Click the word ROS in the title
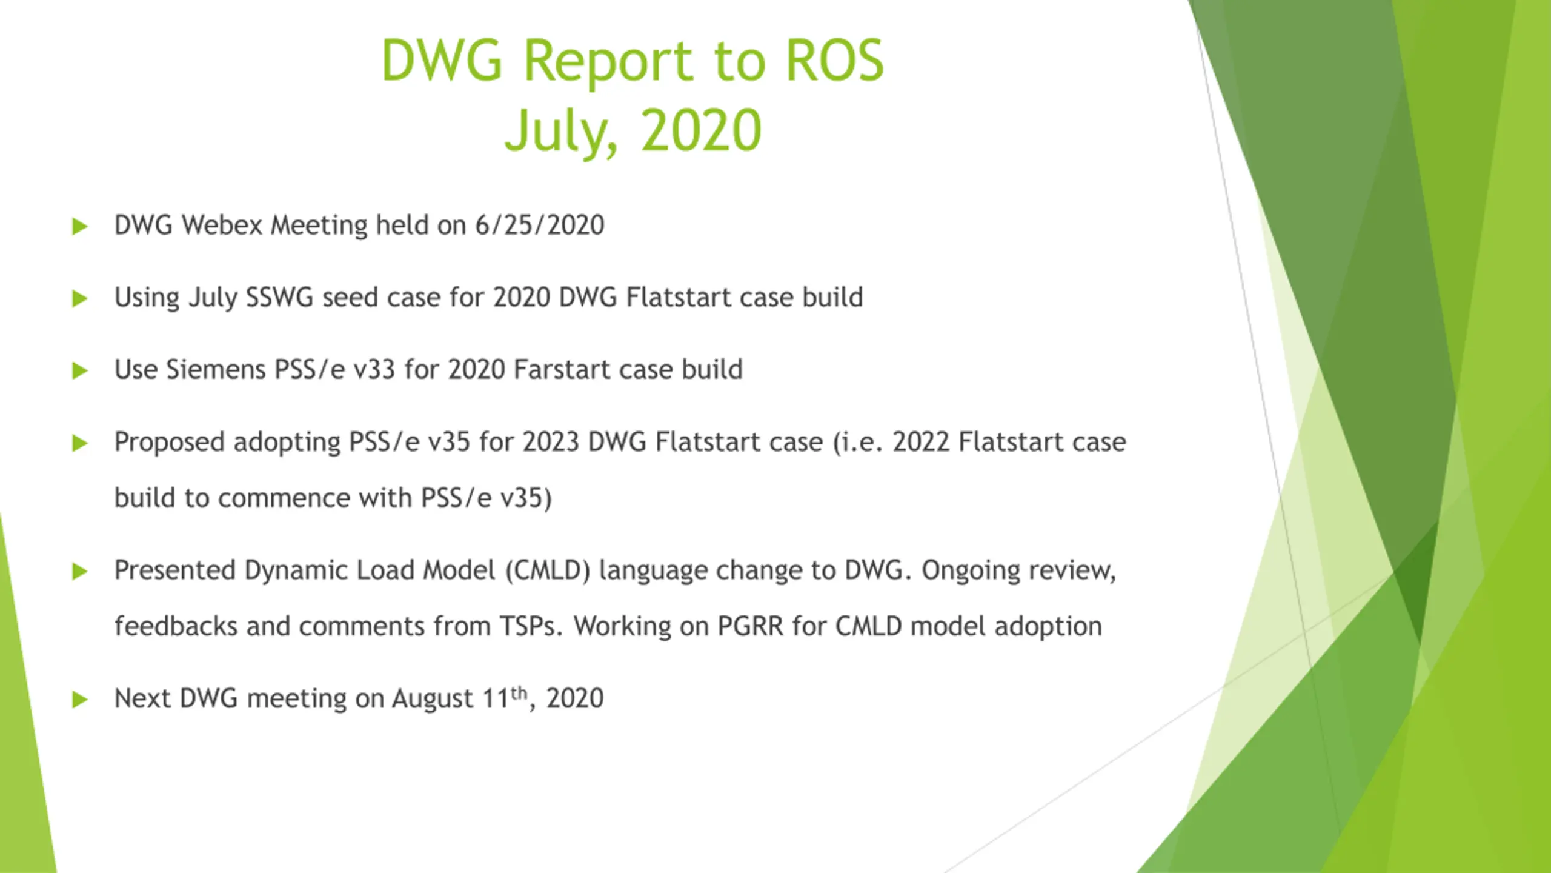click(834, 60)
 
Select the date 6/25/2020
click(539, 225)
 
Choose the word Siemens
click(216, 369)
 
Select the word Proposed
click(169, 443)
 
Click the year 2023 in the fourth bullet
click(551, 441)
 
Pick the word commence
click(284, 498)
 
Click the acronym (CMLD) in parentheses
click(547, 570)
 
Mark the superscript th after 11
click(519, 692)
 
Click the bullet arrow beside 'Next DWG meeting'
click(80, 700)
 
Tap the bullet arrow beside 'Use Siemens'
click(80, 370)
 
